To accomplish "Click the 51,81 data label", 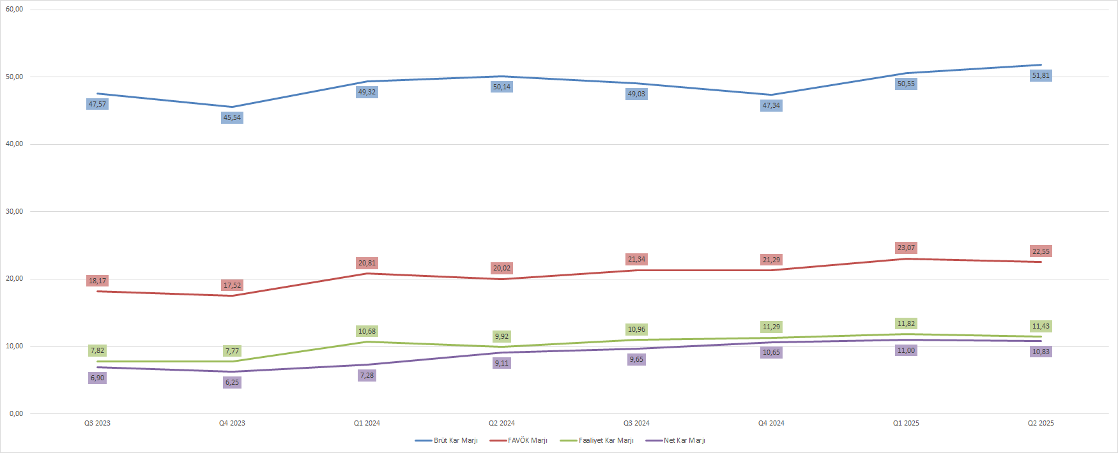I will pos(1041,75).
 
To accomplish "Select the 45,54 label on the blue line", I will pos(232,117).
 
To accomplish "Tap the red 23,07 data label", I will pos(906,248).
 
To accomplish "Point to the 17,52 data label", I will pos(232,285).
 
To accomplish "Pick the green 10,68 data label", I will pos(367,331).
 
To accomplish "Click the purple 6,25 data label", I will pos(232,382).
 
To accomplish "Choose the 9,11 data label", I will pos(502,363).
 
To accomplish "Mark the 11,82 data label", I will pos(906,323).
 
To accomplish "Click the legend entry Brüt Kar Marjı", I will pos(455,440).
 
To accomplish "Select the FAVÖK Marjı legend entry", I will pos(527,440).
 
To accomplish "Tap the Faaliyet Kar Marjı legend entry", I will pos(606,440).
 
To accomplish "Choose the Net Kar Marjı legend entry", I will pos(684,440).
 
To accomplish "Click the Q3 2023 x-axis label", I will pos(97,423).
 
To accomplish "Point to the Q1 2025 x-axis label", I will pos(906,423).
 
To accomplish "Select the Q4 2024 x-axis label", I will pos(771,423).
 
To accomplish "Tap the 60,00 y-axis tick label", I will pos(14,10).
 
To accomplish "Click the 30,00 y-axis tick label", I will pos(14,211).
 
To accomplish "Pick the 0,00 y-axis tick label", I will pos(16,413).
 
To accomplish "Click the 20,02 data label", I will pos(502,268).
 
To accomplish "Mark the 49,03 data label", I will pos(636,94).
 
